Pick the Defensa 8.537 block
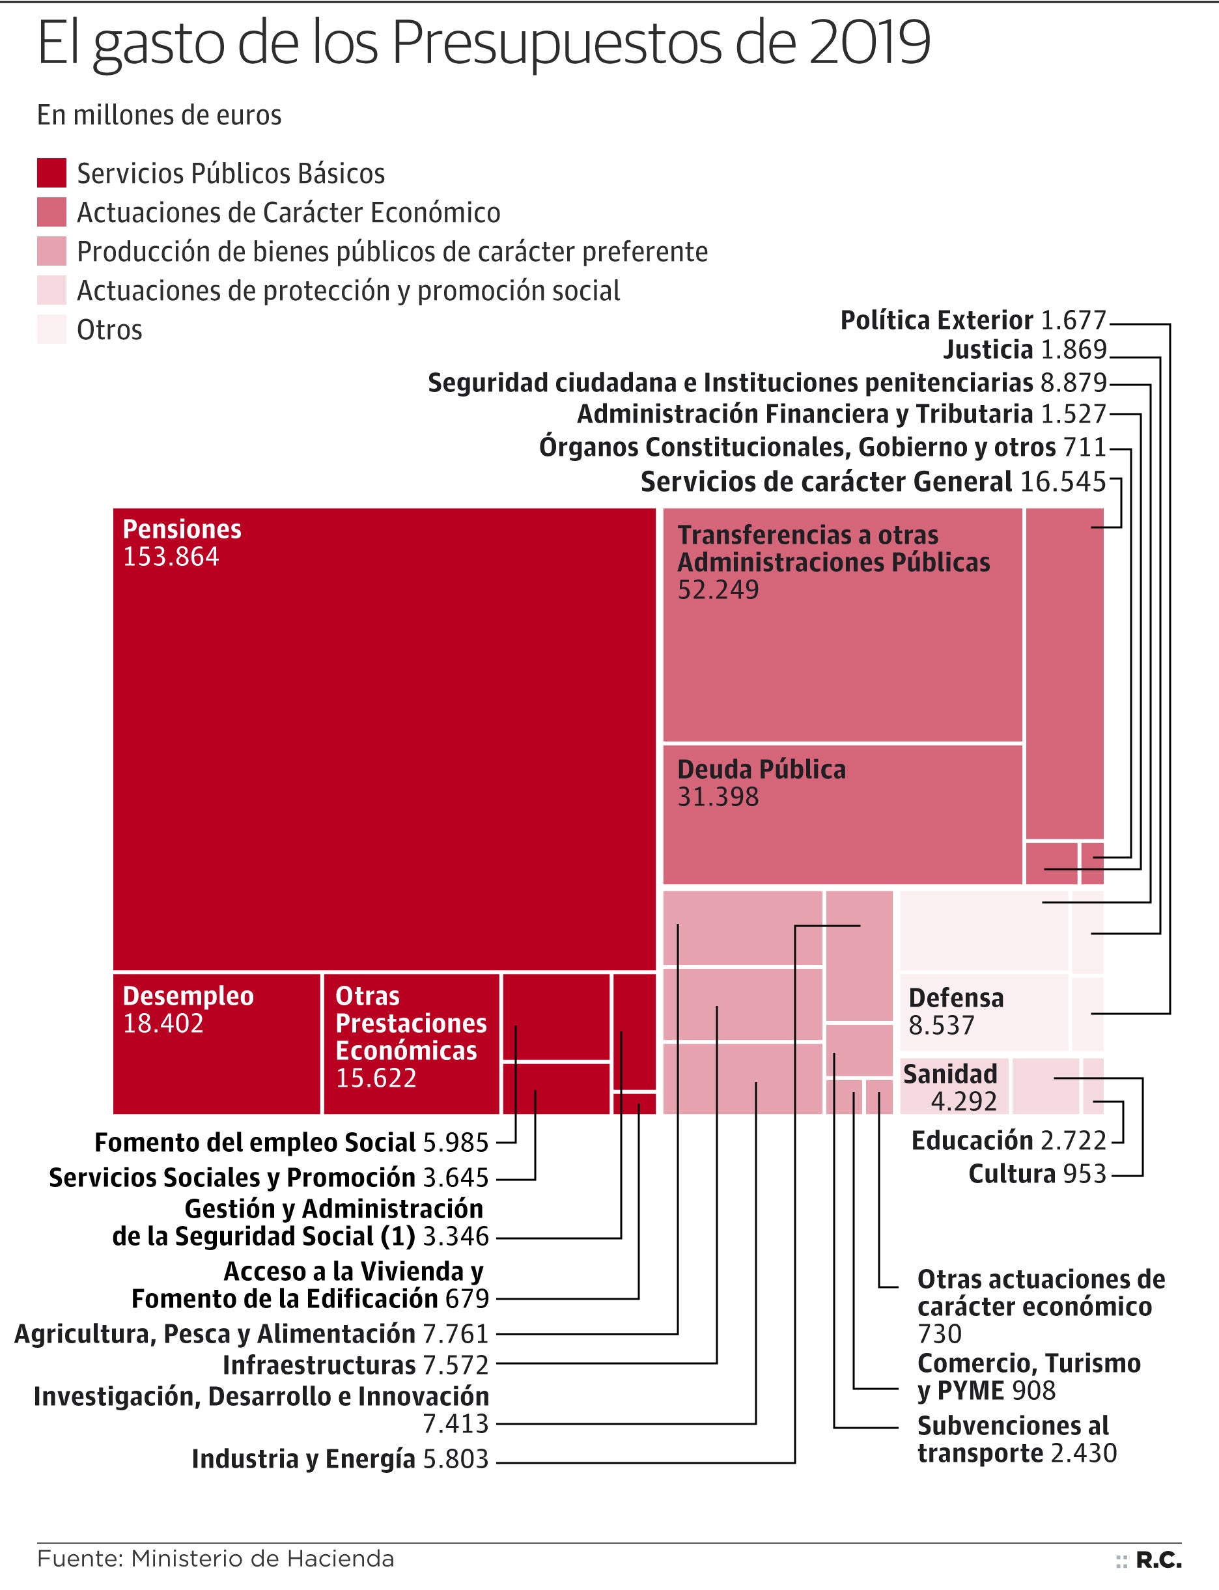(983, 1011)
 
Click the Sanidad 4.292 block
(954, 1086)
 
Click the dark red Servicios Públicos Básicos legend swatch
(51, 173)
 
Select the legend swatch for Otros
(51, 329)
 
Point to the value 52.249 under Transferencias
(718, 590)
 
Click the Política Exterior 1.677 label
(972, 320)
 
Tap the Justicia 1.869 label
(1024, 350)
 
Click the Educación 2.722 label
(1008, 1140)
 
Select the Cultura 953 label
(1037, 1174)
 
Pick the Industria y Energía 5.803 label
(339, 1458)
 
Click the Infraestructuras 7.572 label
(355, 1365)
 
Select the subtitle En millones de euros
(159, 115)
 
